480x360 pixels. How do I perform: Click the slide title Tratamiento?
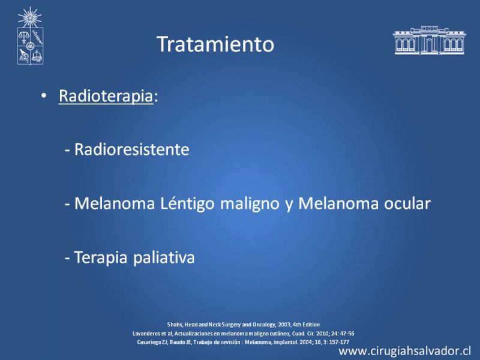coord(215,44)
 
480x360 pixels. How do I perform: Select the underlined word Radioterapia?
coord(106,96)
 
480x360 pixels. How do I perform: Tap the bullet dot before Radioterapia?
coord(44,96)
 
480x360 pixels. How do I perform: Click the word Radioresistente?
coord(131,149)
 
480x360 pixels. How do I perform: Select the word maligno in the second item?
coord(250,203)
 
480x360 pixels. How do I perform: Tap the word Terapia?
coord(101,257)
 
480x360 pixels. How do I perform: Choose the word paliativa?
coord(164,257)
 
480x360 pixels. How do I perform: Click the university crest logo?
coord(30,36)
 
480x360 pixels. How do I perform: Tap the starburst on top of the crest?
coord(29,17)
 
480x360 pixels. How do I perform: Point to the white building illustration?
coord(429,40)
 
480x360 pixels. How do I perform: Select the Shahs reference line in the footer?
coord(244,325)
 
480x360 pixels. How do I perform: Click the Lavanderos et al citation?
coord(244,334)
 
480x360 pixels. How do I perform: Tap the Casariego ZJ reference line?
coord(243,342)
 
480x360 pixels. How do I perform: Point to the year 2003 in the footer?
coord(284,325)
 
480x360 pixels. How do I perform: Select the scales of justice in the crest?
coord(23,37)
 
